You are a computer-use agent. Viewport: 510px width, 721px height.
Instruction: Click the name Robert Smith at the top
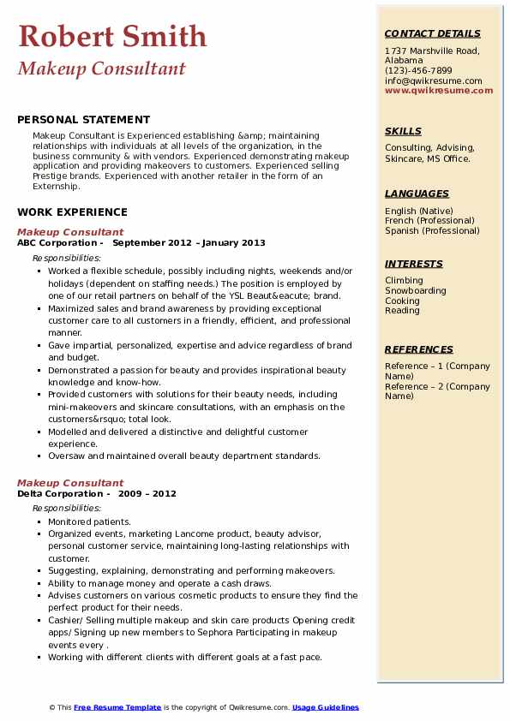pos(112,36)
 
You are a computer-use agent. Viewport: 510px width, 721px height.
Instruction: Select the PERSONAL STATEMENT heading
pos(83,120)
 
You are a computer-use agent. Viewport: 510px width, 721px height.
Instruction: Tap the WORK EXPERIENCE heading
pos(72,212)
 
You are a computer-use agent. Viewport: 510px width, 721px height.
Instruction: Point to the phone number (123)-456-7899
pos(418,71)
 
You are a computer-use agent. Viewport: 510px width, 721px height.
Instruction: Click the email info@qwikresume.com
pos(433,80)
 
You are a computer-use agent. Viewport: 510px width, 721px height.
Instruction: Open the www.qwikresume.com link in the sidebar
pos(439,90)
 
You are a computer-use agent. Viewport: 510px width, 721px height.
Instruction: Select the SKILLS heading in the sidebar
pos(403,131)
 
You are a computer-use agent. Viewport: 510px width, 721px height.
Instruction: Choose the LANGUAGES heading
pos(417,194)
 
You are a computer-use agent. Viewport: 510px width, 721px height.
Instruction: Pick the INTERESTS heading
pos(414,264)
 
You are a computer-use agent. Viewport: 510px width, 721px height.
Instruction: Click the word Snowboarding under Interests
pos(416,291)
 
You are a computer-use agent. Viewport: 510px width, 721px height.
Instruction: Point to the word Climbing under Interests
pos(404,281)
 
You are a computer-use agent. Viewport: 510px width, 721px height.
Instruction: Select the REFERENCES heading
pos(419,349)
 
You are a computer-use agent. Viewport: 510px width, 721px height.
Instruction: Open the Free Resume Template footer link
pos(117,707)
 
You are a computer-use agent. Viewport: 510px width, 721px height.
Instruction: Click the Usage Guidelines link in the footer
pos(326,707)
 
